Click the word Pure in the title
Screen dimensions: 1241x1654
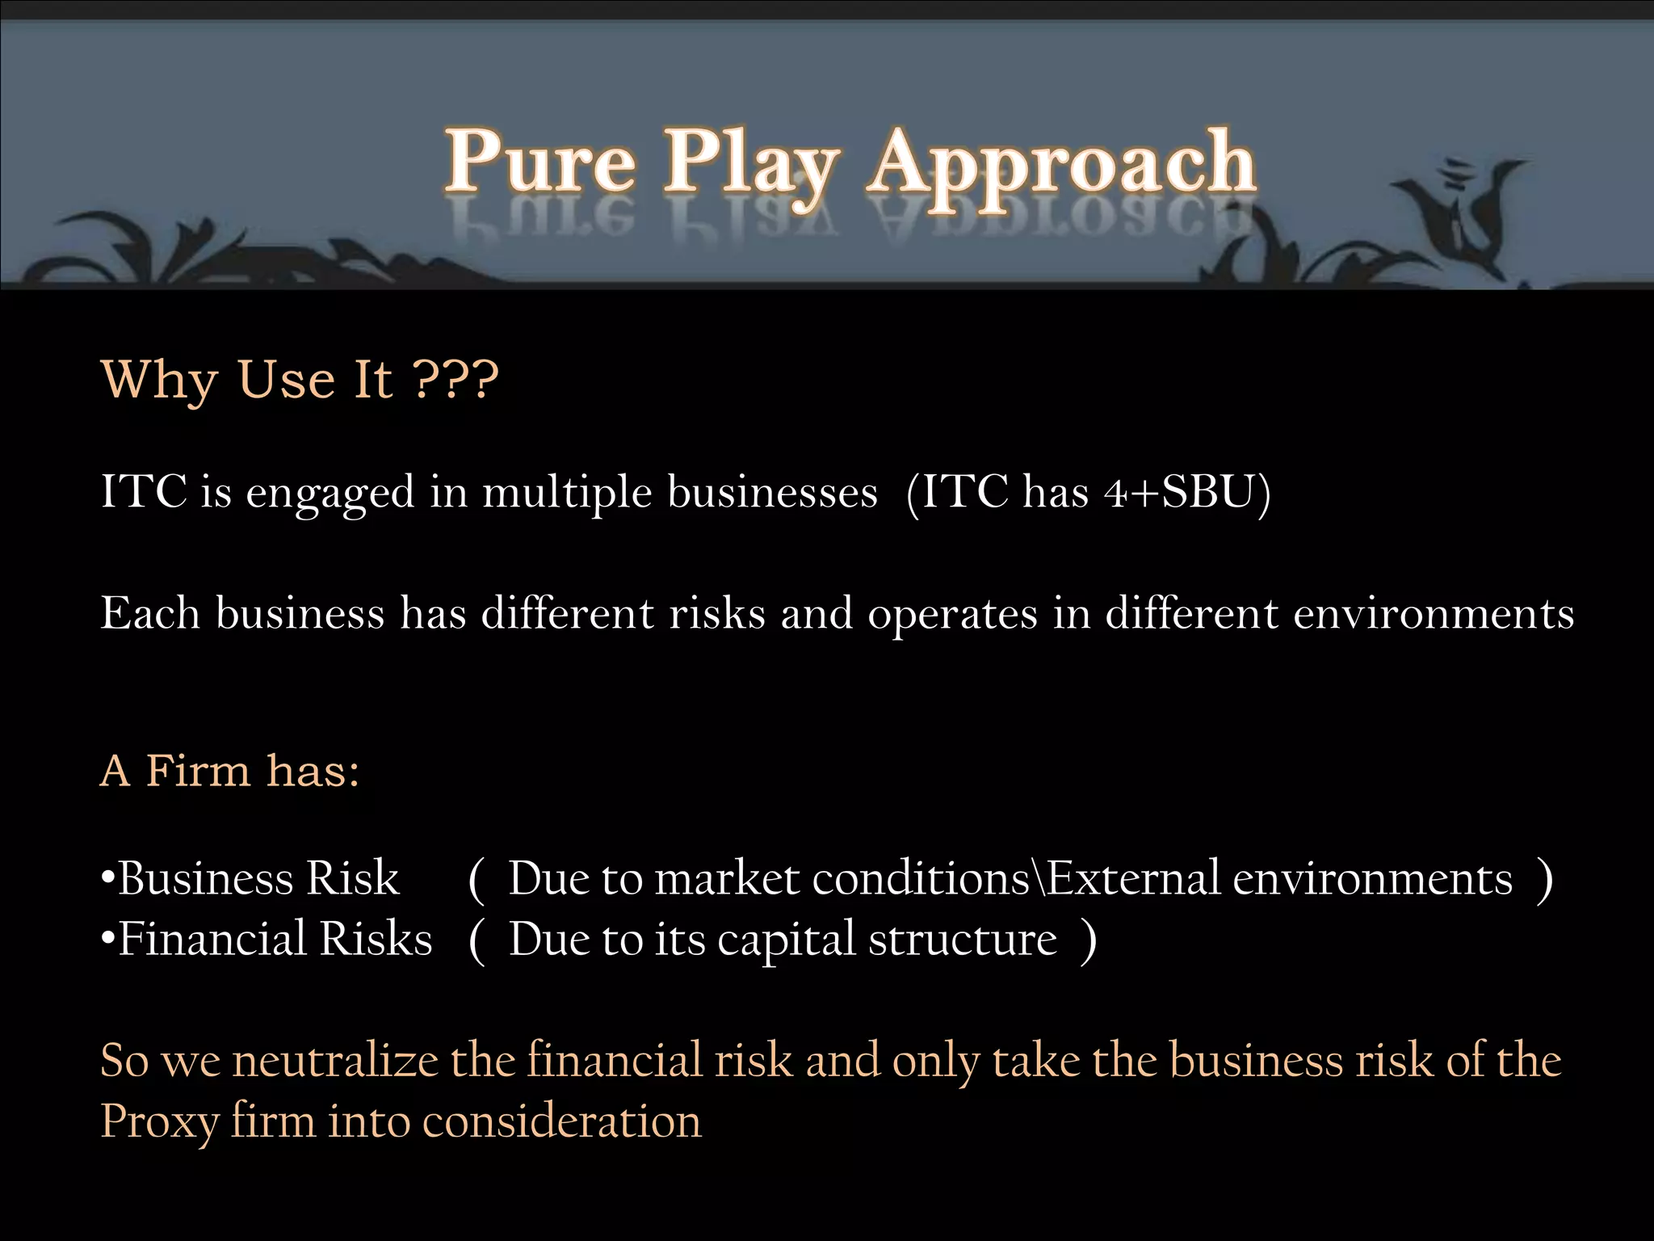pyautogui.click(x=539, y=162)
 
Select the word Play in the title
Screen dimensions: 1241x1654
pyautogui.click(x=751, y=166)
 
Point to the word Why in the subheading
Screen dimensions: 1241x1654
pyautogui.click(x=160, y=380)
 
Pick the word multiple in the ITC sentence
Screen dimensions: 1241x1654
pyautogui.click(x=567, y=493)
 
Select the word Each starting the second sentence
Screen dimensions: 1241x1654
pyautogui.click(x=150, y=612)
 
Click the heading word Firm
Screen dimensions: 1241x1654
pyautogui.click(x=199, y=770)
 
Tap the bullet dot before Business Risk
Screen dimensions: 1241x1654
pyautogui.click(x=107, y=877)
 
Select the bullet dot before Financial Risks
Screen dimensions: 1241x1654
pyautogui.click(x=107, y=939)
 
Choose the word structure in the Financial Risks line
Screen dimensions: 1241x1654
pyautogui.click(x=963, y=939)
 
